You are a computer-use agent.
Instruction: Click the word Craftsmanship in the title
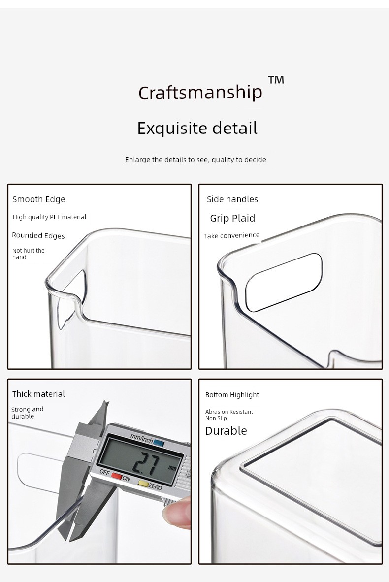pos(200,93)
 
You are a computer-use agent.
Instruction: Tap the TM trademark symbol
pos(276,80)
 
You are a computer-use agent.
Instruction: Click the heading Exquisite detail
pos(197,129)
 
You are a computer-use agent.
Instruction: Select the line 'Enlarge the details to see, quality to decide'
pos(195,160)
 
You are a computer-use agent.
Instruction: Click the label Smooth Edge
pos(38,200)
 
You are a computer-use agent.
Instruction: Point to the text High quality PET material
pos(49,217)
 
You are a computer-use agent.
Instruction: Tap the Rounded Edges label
pos(38,236)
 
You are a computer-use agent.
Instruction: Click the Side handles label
pos(232,199)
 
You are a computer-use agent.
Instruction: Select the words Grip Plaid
pos(233,218)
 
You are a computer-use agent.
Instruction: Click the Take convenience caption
pos(231,236)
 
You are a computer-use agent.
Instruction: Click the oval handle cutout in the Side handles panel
pos(284,282)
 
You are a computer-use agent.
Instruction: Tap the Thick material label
pos(38,394)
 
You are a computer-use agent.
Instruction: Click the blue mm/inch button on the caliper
pos(159,443)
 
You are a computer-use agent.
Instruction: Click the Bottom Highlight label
pos(232,395)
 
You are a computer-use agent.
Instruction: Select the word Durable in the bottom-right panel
pos(226,431)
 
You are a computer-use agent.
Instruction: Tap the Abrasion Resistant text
pos(229,412)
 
